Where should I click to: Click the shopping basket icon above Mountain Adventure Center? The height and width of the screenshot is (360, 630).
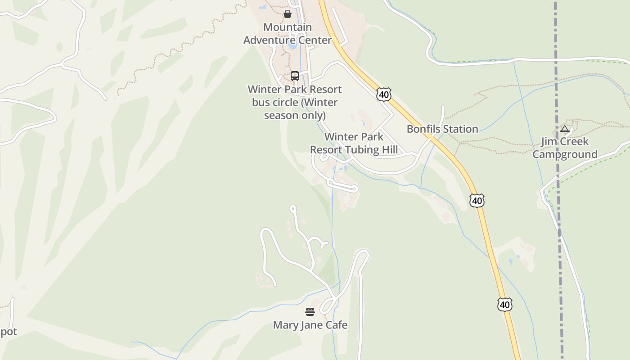(288, 14)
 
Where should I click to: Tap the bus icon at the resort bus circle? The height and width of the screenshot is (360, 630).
(295, 76)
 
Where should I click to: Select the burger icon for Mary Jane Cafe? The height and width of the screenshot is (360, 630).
(310, 312)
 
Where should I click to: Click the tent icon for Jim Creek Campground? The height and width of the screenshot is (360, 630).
(565, 130)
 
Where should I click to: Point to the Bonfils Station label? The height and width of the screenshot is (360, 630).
(442, 129)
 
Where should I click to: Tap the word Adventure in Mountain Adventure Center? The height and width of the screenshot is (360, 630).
(272, 40)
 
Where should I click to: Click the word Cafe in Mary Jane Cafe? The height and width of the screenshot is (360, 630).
(337, 325)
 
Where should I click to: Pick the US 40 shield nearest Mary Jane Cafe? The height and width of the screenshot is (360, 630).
(505, 305)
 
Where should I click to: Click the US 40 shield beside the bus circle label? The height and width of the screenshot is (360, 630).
(384, 94)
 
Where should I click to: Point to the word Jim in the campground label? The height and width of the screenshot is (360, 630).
(549, 142)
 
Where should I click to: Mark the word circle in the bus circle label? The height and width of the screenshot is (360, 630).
(285, 103)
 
